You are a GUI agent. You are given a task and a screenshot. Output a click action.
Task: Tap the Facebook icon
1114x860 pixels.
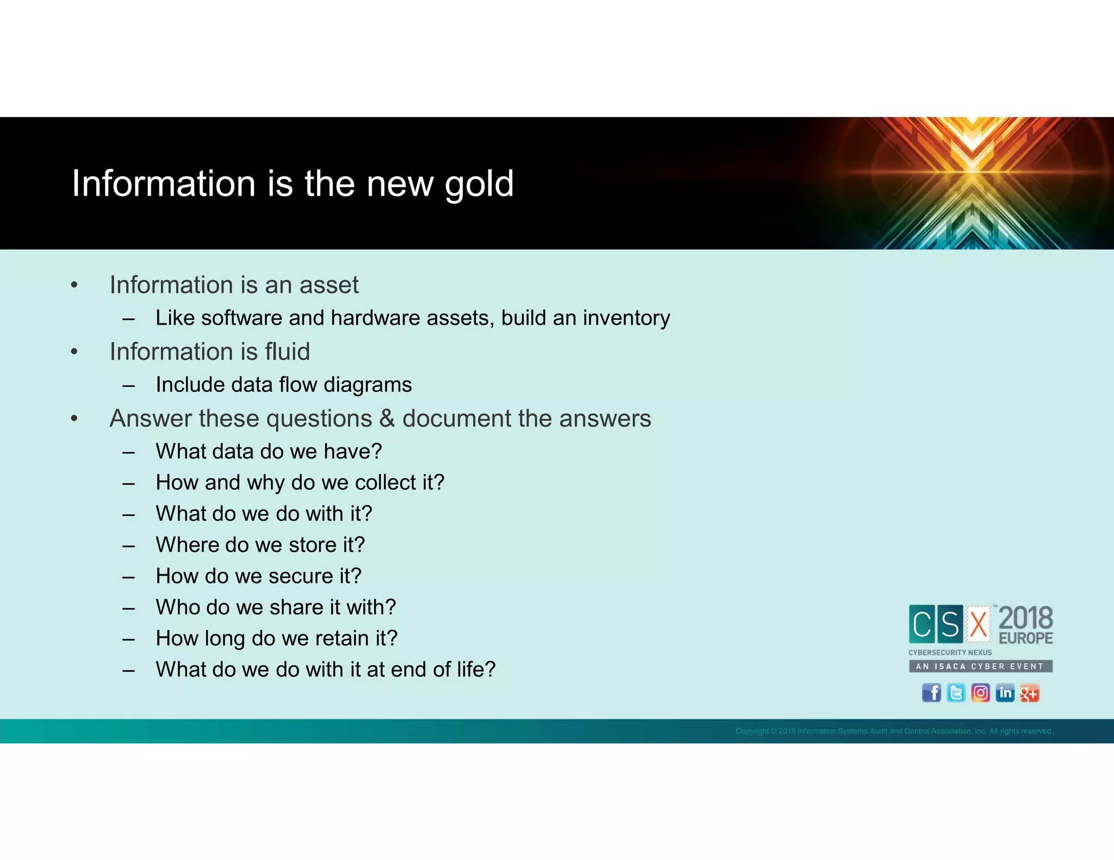click(931, 693)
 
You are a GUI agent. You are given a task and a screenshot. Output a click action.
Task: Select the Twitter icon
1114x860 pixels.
click(956, 693)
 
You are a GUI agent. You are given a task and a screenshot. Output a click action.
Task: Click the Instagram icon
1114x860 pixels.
click(980, 693)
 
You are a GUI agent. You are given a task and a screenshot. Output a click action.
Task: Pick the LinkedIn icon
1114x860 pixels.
click(1005, 693)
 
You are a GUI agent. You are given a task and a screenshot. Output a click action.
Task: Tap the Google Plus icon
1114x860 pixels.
click(1029, 693)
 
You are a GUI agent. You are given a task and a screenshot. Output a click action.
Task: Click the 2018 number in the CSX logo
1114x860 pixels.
click(1025, 618)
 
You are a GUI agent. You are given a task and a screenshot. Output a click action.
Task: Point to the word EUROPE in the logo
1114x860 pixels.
click(1025, 638)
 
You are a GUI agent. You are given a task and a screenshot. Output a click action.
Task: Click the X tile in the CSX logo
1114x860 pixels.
click(979, 624)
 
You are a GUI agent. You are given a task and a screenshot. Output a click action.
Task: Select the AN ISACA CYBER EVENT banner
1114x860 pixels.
click(980, 666)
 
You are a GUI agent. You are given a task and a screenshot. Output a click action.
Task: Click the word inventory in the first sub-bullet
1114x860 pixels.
click(626, 318)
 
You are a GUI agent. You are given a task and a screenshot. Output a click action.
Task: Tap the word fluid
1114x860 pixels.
click(287, 352)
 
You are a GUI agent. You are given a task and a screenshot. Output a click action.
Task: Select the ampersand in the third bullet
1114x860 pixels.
click(387, 419)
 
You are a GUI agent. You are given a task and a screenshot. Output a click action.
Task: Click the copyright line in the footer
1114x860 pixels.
click(894, 731)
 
